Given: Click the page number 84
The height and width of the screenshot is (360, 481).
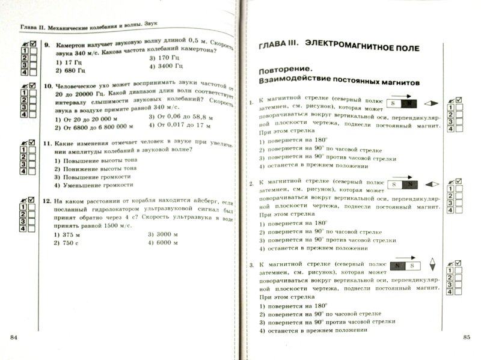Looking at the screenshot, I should coord(14,335).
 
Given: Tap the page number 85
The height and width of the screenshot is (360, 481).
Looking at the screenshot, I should coord(467,337).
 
